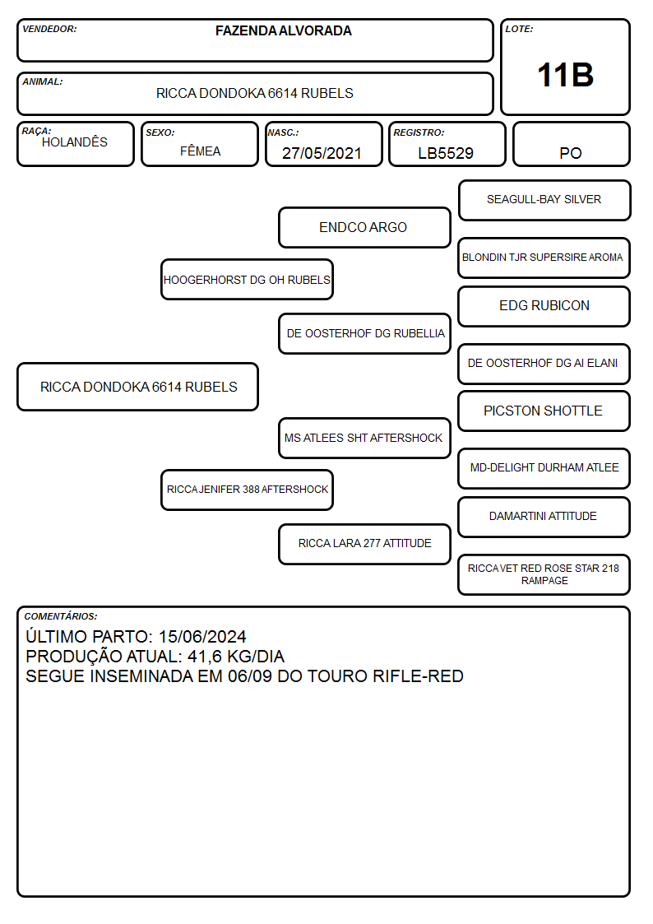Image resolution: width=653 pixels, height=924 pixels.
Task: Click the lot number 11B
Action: [x=565, y=75]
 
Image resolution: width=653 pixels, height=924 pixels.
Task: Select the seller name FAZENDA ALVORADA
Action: [x=283, y=30]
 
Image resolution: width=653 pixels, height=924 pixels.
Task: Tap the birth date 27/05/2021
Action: [x=322, y=153]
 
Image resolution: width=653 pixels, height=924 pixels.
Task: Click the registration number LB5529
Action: [x=446, y=153]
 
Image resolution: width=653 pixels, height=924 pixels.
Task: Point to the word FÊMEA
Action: [x=200, y=151]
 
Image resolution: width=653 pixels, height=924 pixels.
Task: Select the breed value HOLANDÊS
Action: [x=75, y=142]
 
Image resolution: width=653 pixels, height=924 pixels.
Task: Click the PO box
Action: [x=571, y=144]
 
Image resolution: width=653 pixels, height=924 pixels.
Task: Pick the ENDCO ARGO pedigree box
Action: [x=364, y=227]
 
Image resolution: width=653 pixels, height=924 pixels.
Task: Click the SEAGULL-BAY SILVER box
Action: [x=544, y=201]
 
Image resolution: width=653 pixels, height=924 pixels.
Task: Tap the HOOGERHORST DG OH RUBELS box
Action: [x=248, y=279]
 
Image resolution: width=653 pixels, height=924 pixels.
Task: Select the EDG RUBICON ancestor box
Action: [x=544, y=306]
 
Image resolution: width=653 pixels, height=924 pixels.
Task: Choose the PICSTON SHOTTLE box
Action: [x=544, y=411]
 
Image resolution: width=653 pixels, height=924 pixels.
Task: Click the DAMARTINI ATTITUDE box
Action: [x=544, y=517]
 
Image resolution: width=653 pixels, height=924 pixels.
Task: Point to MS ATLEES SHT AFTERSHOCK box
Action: [x=364, y=438]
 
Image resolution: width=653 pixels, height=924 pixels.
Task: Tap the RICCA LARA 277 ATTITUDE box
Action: [x=364, y=544]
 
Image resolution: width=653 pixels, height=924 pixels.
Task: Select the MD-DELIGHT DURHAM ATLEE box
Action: [x=544, y=468]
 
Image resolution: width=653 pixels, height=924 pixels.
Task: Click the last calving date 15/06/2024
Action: [x=202, y=636]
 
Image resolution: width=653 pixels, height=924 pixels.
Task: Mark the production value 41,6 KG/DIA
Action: [x=236, y=657]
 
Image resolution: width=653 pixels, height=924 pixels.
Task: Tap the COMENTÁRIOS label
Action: [x=61, y=616]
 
